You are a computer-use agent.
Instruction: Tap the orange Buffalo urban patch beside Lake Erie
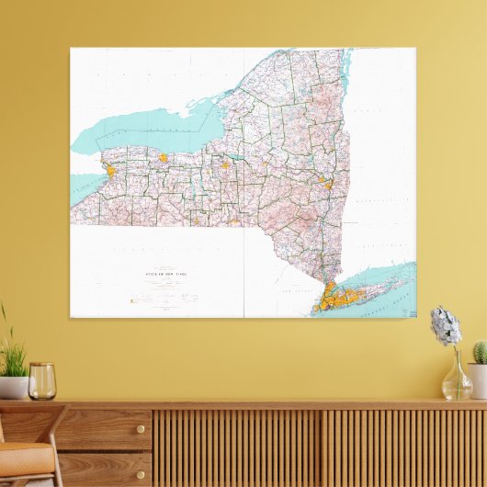pyautogui.click(x=108, y=170)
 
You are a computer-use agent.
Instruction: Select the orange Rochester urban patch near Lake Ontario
pyautogui.click(x=163, y=158)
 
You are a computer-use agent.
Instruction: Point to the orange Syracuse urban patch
pyautogui.click(x=224, y=165)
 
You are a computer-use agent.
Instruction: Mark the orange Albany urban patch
pyautogui.click(x=327, y=184)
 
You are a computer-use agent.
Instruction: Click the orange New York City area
pyautogui.click(x=328, y=296)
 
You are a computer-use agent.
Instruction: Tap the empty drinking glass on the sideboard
pyautogui.click(x=41, y=381)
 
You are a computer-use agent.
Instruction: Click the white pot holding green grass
pyautogui.click(x=13, y=387)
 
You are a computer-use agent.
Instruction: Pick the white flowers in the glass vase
pyautogui.click(x=446, y=325)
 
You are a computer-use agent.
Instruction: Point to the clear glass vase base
pyautogui.click(x=456, y=386)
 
